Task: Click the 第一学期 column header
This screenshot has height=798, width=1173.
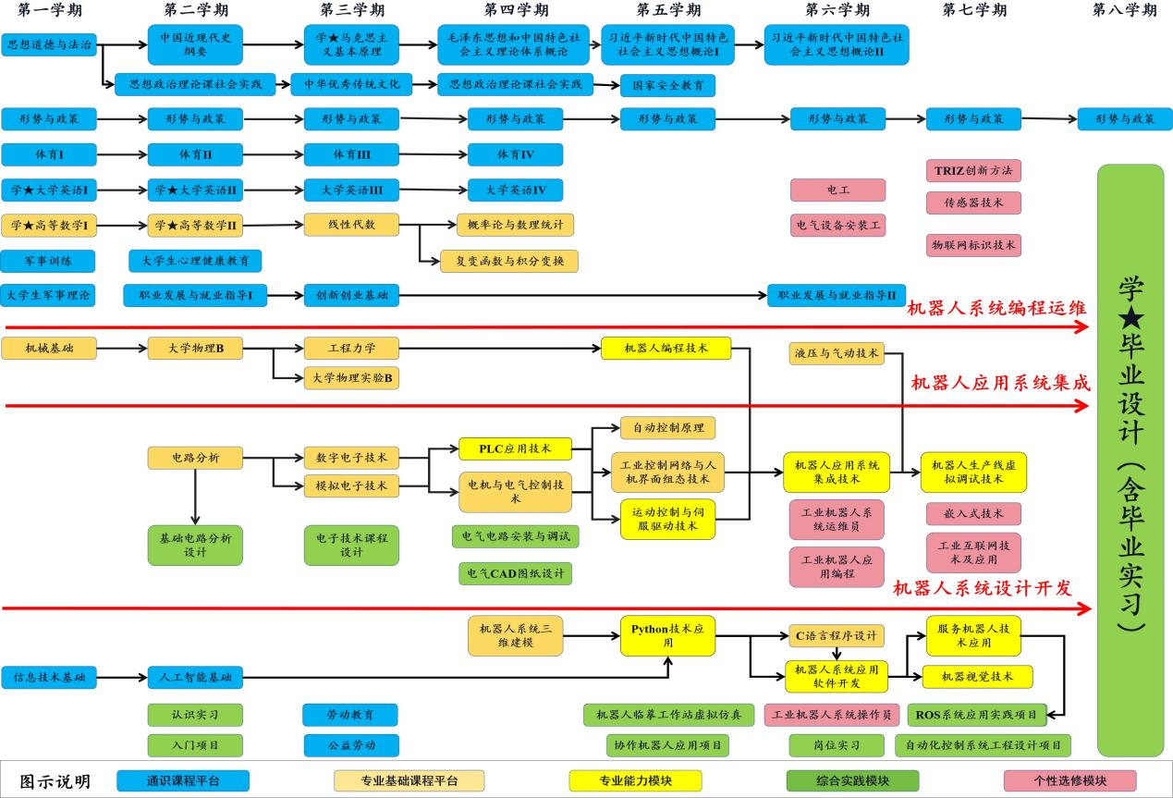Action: [49, 10]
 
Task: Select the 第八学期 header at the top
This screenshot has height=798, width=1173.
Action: [1124, 10]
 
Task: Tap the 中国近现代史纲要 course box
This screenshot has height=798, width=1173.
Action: [195, 44]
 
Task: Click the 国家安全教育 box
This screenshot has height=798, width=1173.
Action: [667, 85]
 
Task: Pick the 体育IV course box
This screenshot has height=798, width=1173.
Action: [515, 154]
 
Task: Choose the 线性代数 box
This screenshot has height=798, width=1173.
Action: [351, 225]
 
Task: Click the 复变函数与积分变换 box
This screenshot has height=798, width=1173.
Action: [509, 261]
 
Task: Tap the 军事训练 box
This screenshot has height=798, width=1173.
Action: [47, 260]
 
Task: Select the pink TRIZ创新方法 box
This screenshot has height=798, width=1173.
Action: [973, 171]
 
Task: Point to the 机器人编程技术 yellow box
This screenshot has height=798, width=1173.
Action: [666, 349]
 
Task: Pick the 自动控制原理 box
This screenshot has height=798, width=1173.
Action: [667, 428]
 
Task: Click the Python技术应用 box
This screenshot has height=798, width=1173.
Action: [667, 636]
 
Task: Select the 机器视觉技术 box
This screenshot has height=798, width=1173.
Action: [977, 677]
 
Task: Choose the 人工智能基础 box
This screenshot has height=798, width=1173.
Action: [195, 677]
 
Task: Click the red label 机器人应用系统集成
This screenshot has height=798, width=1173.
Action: [1000, 384]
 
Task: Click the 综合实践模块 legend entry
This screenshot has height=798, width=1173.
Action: [852, 781]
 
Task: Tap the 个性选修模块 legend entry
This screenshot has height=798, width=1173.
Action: [1069, 781]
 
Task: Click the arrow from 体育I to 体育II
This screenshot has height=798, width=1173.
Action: [122, 154]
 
